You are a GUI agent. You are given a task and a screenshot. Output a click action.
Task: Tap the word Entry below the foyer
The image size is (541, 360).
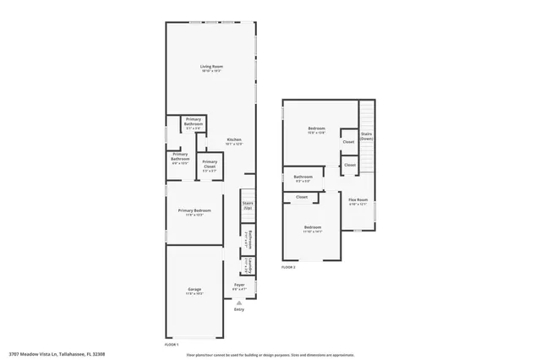pyautogui.click(x=239, y=310)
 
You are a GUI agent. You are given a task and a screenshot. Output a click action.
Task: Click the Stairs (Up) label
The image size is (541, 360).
pyautogui.click(x=248, y=205)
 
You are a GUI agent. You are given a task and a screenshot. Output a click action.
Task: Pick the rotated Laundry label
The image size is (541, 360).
pyautogui.click(x=250, y=265)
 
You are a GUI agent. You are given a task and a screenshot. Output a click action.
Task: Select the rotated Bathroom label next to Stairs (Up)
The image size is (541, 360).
pyautogui.click(x=251, y=238)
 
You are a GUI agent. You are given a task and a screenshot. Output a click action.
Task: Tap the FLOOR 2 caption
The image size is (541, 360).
pyautogui.click(x=289, y=267)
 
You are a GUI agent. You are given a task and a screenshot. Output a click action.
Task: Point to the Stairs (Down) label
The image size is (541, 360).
pyautogui.click(x=366, y=135)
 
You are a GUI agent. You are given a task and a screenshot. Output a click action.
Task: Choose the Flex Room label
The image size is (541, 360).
pyautogui.click(x=358, y=200)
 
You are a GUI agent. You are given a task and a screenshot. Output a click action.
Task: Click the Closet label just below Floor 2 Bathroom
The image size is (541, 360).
pyautogui.click(x=302, y=197)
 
